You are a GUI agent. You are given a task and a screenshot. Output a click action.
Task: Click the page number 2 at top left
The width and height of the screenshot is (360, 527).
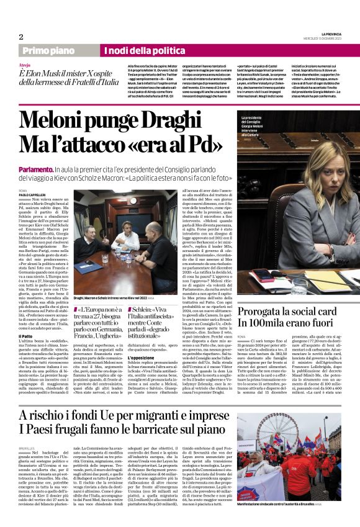21,37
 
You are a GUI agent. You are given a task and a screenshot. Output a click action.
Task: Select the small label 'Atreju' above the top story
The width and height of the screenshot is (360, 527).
25,64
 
